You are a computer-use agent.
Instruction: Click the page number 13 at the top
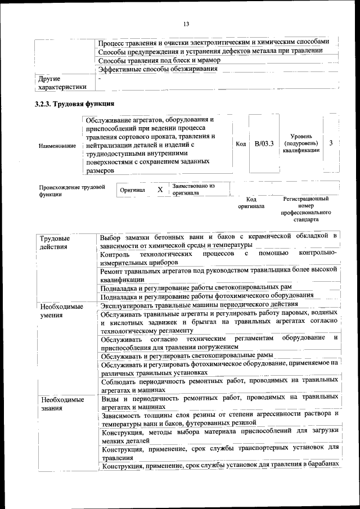[x=186, y=23]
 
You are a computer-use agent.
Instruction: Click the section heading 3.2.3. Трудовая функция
[x=74, y=104]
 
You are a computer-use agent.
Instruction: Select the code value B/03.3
[x=264, y=144]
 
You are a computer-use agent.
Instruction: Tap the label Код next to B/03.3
[x=241, y=145]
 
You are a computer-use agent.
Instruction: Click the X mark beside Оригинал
[x=160, y=190]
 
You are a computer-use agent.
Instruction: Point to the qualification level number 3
[x=331, y=143]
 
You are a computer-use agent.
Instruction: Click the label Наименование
[x=57, y=146]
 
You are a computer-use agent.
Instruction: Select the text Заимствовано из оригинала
[x=193, y=189]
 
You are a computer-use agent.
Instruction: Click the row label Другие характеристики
[x=61, y=83]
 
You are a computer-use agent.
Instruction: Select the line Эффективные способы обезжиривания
[x=157, y=69]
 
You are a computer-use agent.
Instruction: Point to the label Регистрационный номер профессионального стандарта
[x=306, y=209]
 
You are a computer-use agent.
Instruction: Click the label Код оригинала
[x=251, y=202]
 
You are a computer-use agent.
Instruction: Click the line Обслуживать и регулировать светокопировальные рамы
[x=187, y=355]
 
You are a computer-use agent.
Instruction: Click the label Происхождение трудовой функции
[x=71, y=190]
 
